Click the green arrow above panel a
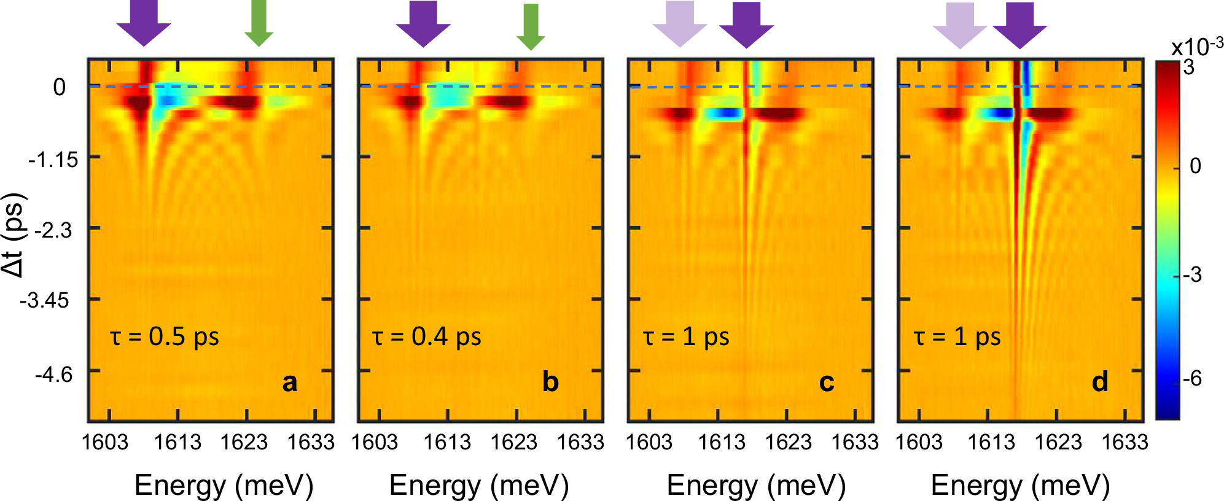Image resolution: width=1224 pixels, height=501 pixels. point(259,23)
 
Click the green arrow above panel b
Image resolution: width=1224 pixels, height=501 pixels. point(531,26)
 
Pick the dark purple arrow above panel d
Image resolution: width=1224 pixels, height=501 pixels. point(1019,25)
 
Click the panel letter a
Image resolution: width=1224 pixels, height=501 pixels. point(289,382)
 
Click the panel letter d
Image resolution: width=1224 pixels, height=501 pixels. point(1099,382)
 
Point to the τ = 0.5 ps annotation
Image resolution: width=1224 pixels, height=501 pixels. point(165,337)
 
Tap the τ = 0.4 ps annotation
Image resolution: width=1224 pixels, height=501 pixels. point(427,337)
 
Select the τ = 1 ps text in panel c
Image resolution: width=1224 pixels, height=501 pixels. point(686,337)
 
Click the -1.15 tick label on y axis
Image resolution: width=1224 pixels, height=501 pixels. point(53,160)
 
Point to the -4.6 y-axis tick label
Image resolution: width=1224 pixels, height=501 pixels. point(53,374)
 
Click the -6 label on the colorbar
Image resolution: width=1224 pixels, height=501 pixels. point(1192,379)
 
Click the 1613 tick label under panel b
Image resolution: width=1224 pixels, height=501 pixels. point(447,442)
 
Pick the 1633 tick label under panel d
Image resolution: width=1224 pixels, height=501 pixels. point(1125,442)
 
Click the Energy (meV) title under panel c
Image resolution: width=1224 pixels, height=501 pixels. point(756,485)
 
